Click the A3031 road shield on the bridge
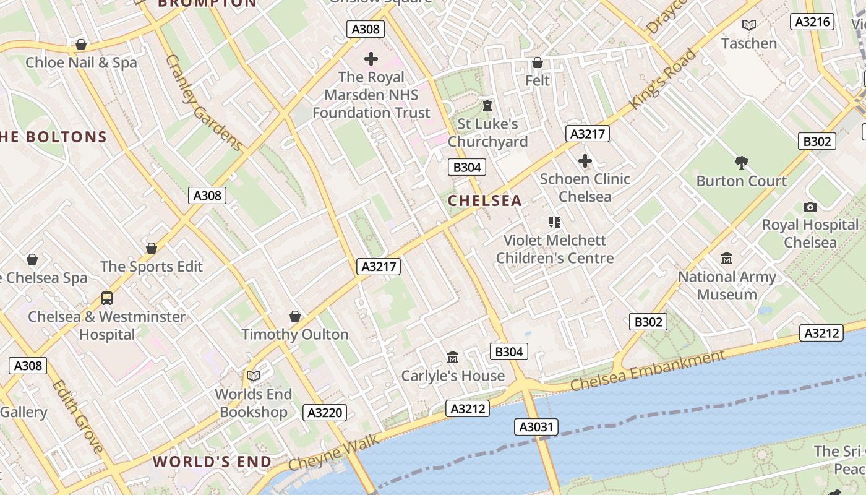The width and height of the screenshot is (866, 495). pos(536,426)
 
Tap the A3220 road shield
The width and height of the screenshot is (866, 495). pos(324,413)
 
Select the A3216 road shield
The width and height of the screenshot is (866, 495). pos(811,22)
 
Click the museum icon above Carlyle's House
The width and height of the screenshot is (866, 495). pos(453,358)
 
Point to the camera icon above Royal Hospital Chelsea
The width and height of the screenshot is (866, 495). pos(810,207)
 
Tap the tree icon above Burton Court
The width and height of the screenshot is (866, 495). pos(741,163)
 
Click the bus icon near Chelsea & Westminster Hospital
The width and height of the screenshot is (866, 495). pos(107,298)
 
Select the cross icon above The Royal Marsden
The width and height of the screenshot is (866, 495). pos(371,59)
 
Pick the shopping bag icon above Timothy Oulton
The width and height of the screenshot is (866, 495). pos(295,316)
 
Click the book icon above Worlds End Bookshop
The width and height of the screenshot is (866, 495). pos(254,376)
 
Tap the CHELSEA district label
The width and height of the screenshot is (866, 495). pos(485,200)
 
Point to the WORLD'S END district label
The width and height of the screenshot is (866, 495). pos(212,462)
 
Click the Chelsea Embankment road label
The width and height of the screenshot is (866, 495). pos(648,370)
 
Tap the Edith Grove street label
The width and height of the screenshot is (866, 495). pos(77,416)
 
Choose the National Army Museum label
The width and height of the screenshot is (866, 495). pos(727,285)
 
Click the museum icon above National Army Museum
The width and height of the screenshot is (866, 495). pos(727,258)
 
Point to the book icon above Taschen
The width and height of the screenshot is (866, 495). pos(749,25)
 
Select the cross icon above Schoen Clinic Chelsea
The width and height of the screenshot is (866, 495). pos(585,161)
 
